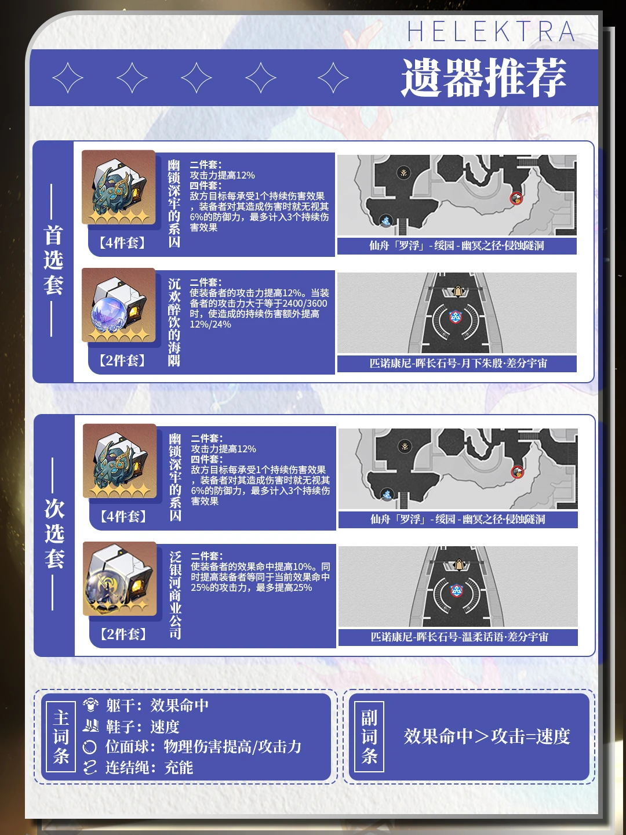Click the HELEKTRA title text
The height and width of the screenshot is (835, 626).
(491, 31)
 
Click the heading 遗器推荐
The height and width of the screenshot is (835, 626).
(483, 78)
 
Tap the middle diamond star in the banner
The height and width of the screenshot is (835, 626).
(196, 78)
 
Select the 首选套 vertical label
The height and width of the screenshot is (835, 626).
(53, 260)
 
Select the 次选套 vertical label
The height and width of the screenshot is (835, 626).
(54, 533)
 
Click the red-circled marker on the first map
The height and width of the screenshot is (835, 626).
(516, 198)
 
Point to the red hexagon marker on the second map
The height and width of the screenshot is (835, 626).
(456, 317)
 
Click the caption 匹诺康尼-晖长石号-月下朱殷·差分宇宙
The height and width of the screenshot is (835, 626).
(458, 364)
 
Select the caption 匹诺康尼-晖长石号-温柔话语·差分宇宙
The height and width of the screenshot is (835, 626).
(460, 637)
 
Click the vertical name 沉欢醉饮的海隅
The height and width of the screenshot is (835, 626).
(174, 322)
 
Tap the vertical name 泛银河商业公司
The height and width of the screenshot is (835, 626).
(175, 596)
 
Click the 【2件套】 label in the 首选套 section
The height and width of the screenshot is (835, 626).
(122, 360)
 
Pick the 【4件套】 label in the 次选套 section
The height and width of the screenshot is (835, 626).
(123, 516)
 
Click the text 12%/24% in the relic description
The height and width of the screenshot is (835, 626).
(210, 325)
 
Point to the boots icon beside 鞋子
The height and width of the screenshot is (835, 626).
(90, 725)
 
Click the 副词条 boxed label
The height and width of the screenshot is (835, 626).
(369, 736)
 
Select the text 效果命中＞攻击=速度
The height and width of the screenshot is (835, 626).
(486, 736)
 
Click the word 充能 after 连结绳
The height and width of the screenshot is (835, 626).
(179, 768)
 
